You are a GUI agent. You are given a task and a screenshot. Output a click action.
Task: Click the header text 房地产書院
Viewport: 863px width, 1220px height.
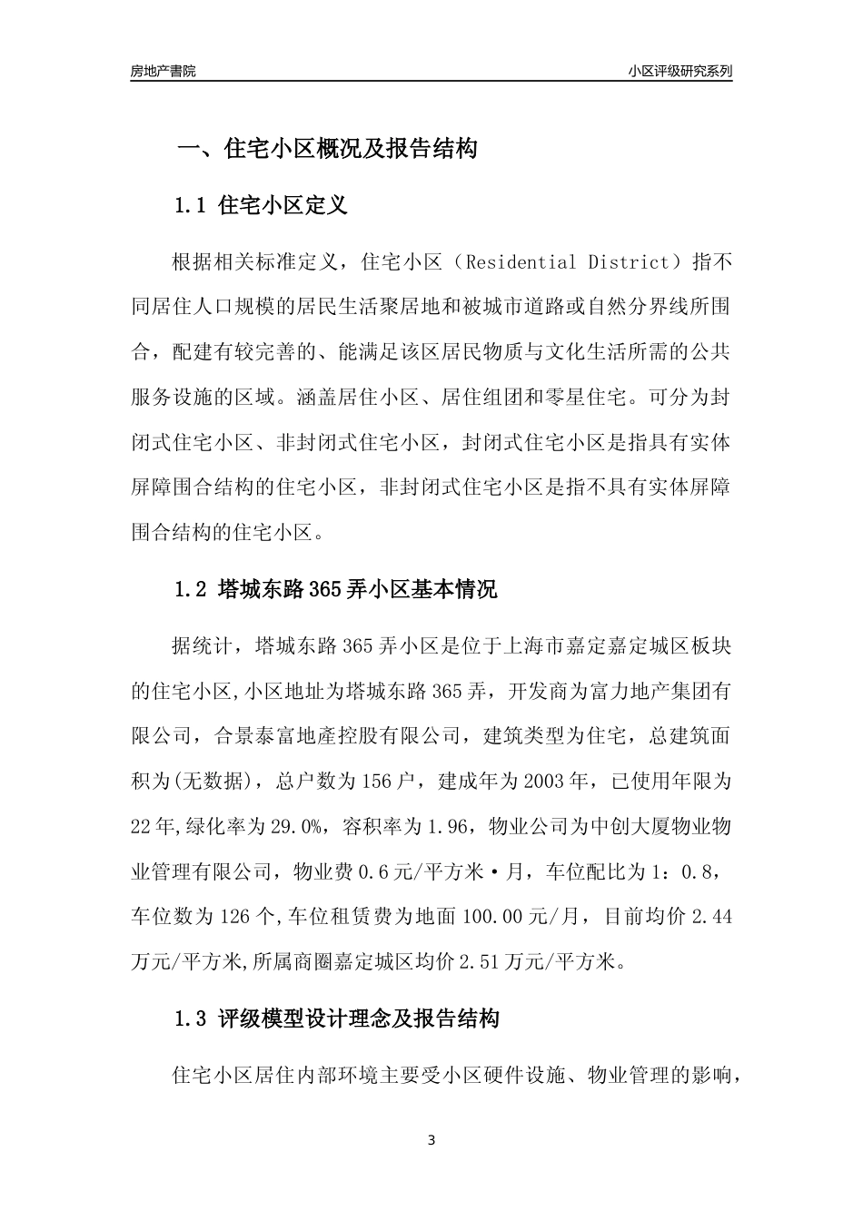(x=163, y=71)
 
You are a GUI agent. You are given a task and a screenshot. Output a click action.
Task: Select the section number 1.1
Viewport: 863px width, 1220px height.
(x=192, y=205)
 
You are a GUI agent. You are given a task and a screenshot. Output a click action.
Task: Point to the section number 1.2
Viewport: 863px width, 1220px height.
(x=192, y=589)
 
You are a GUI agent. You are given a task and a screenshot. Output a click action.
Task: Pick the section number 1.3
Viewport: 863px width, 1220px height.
(x=192, y=1018)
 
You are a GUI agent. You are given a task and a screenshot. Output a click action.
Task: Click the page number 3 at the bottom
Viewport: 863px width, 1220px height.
(x=431, y=1140)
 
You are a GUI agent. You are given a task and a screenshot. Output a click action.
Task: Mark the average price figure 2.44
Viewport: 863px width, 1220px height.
(x=711, y=917)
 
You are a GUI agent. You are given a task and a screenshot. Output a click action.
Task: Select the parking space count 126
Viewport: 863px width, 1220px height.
(x=235, y=917)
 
